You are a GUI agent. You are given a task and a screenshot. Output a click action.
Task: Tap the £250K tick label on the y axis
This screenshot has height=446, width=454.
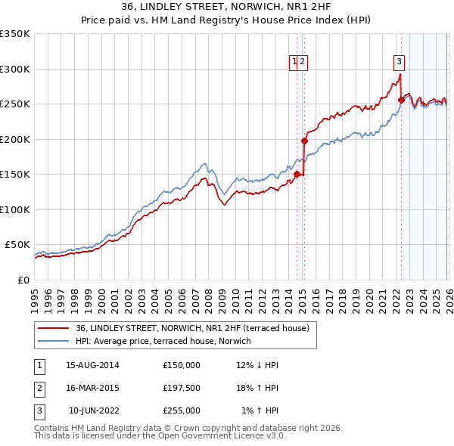(15, 104)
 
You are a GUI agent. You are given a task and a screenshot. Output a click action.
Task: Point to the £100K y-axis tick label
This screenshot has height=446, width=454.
(15, 209)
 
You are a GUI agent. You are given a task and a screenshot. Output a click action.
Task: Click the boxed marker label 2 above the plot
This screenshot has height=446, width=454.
(303, 63)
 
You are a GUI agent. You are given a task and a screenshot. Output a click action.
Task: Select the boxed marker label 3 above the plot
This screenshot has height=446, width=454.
(399, 63)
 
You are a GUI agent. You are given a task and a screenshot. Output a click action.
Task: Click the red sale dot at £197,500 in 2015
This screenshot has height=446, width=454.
(304, 141)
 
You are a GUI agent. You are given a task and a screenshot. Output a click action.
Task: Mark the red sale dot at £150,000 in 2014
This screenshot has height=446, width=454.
(297, 174)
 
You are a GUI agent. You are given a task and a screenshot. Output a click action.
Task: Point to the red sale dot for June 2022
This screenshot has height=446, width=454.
(401, 100)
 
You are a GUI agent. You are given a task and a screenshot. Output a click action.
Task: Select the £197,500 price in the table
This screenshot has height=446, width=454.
(182, 388)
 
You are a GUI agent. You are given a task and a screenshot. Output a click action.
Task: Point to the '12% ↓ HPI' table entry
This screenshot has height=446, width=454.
(257, 365)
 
